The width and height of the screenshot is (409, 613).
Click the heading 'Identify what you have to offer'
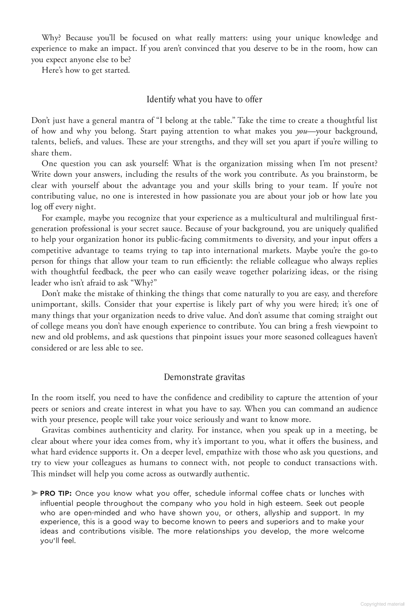coord(204,99)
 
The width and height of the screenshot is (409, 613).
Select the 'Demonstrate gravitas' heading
coord(204,377)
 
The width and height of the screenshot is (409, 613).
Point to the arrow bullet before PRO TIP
coord(35,493)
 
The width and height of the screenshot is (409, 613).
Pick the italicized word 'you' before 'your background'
coord(301,131)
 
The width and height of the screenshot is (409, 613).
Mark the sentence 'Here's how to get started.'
coord(86,70)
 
